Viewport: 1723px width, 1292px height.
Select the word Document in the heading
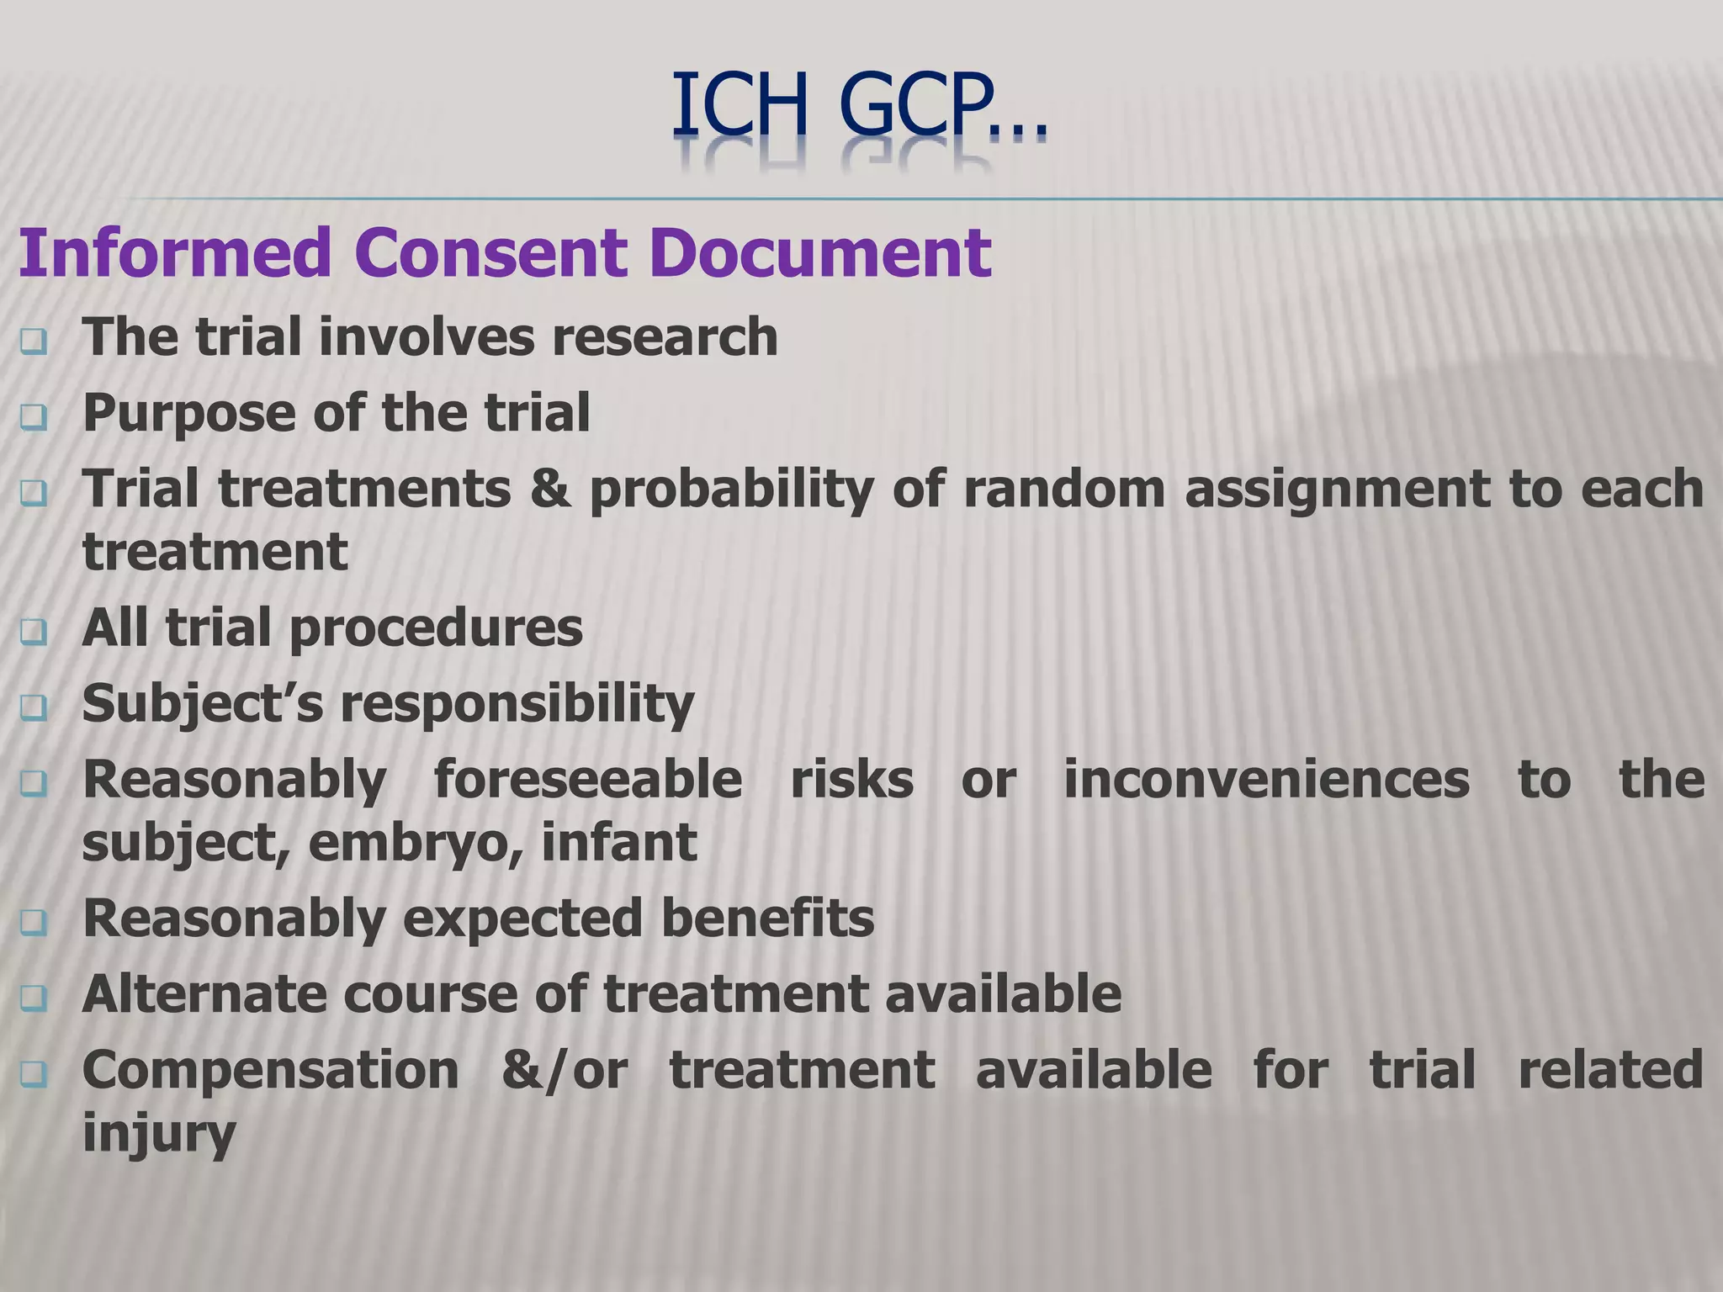pos(820,252)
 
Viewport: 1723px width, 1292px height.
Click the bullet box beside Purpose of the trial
pos(34,416)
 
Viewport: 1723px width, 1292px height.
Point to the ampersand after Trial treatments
pos(549,489)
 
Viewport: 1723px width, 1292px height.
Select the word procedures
pos(436,628)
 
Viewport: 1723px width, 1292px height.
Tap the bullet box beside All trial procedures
pos(34,632)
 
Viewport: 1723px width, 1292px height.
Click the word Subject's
pos(202,704)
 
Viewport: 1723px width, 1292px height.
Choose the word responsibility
pos(517,704)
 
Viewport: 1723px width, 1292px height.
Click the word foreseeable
pos(587,779)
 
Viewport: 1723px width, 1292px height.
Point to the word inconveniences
pos(1266,779)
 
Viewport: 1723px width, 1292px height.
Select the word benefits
pos(767,918)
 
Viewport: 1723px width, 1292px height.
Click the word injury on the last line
pos(158,1133)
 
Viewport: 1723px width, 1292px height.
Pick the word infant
pos(618,842)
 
